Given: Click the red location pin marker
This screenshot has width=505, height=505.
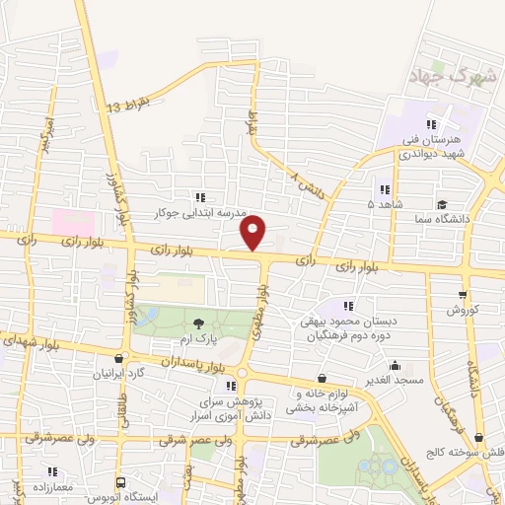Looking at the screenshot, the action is (253, 234).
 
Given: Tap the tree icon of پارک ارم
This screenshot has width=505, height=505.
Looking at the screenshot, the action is (201, 324).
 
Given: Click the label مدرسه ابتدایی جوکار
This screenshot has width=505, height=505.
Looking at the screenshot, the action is (190, 211).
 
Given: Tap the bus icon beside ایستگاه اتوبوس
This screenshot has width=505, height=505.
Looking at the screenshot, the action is (120, 483).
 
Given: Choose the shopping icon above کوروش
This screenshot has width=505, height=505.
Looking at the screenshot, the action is (463, 295).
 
